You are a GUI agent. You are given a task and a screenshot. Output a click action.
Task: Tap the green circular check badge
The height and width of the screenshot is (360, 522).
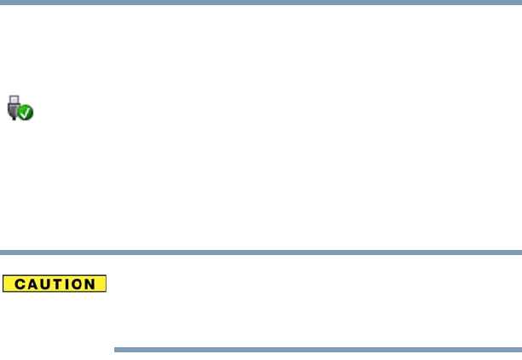[x=26, y=112]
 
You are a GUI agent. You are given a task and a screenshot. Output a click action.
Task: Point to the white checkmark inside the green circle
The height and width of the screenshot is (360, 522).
[x=26, y=112]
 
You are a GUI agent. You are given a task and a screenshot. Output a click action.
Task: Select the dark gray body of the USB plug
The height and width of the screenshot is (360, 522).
[x=14, y=106]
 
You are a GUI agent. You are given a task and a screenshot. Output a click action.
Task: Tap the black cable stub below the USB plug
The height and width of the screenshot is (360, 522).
[x=14, y=116]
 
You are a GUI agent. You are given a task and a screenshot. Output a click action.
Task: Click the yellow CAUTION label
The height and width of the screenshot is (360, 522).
[x=54, y=283]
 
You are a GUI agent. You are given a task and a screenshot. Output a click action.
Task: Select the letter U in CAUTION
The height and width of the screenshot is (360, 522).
[x=42, y=283]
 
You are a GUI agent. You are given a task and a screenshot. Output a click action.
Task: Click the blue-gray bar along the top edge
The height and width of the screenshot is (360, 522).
[x=261, y=2]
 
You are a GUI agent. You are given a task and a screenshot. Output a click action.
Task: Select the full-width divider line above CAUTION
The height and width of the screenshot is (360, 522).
[x=261, y=253]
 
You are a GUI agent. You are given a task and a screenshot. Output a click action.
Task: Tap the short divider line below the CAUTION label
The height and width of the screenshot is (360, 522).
[x=317, y=349]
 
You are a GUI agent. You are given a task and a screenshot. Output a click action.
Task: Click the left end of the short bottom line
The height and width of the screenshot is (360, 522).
[x=116, y=349]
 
